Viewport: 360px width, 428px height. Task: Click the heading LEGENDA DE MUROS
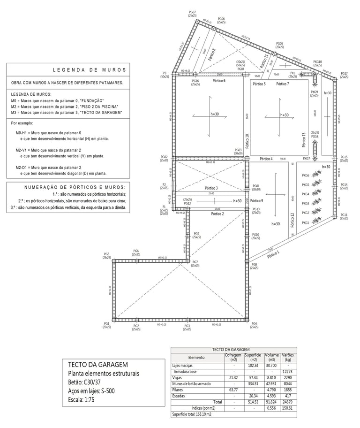[89, 70]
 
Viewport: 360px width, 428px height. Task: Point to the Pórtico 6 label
[218, 81]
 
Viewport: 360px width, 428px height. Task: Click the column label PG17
[344, 74]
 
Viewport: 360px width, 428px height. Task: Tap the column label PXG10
[317, 62]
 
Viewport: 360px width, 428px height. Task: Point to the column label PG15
[344, 158]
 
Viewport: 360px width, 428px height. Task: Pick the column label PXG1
[305, 222]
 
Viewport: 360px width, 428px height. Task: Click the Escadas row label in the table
[179, 396]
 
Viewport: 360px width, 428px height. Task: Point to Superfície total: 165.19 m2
[191, 414]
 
